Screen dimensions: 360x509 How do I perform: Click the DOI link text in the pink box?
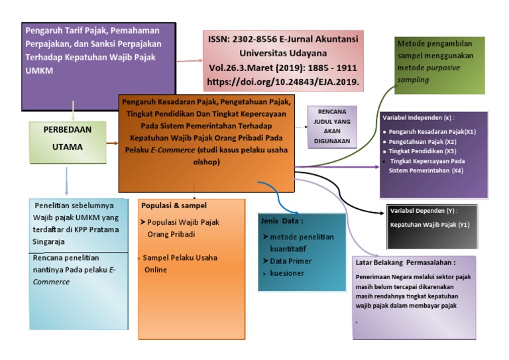(284, 83)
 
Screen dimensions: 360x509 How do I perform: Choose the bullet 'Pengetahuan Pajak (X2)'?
(423, 141)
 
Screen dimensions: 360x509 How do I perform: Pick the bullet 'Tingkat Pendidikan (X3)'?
(421, 151)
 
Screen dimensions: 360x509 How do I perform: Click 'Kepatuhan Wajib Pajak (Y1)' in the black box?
(429, 225)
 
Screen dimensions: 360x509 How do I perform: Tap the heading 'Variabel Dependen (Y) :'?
(424, 211)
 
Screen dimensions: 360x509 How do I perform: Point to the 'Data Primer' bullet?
(290, 261)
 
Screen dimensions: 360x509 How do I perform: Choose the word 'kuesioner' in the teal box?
(288, 272)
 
